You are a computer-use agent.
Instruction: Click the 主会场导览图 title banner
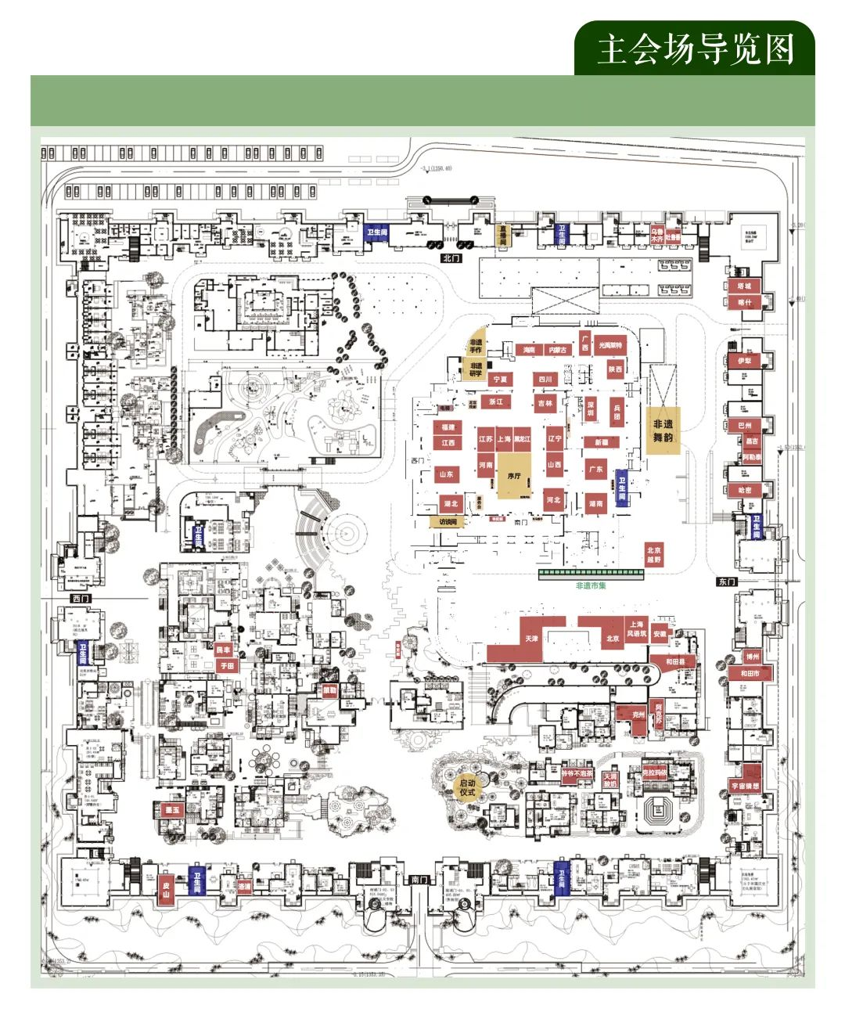pos(695,49)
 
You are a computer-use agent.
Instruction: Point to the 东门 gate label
pos(726,582)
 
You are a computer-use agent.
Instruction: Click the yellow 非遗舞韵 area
pos(663,430)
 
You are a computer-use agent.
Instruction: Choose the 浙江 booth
pos(496,401)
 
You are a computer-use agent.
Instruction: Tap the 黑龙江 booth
pos(522,440)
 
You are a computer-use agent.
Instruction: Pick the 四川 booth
pos(545,380)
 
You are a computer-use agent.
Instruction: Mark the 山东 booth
pos(446,474)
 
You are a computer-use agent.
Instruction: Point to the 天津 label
pos(531,639)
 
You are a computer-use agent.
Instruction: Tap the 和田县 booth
pos(675,662)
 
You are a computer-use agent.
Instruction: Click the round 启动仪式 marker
pos(467,787)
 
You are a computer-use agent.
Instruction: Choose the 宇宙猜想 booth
pos(745,785)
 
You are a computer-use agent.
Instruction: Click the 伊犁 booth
pos(744,362)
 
